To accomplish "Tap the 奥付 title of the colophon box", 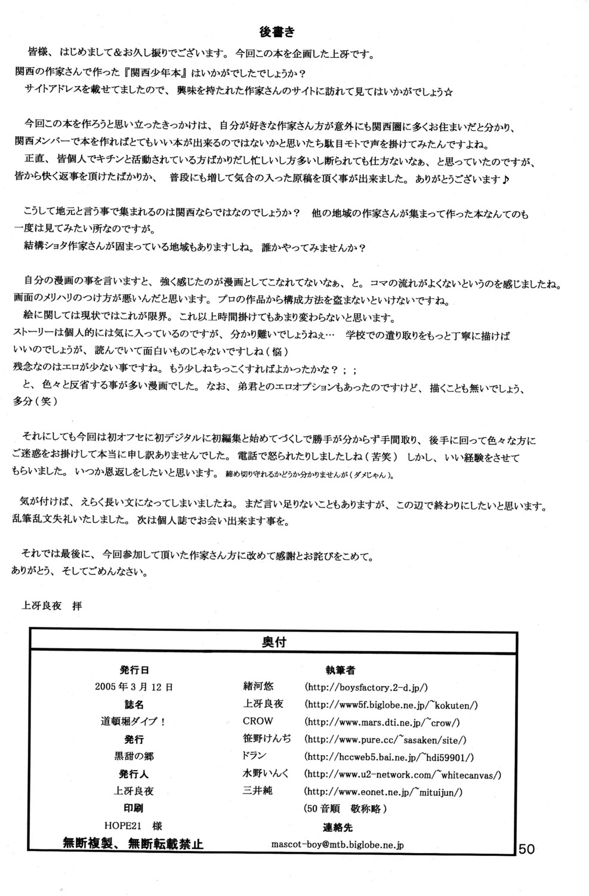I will [273, 642].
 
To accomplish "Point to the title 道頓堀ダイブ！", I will [133, 721].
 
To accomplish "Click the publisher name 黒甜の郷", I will [134, 756].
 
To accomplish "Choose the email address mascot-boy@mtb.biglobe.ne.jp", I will [337, 845].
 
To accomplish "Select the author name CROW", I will [258, 721].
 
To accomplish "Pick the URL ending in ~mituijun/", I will [383, 792].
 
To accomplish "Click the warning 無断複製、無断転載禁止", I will [133, 843].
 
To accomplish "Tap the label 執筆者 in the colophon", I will [337, 670].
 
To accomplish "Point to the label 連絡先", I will [337, 827].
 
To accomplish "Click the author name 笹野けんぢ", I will [267, 739].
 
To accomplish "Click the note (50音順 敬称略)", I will [346, 809].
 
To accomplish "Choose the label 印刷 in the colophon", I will [134, 809].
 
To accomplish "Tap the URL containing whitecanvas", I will [402, 775].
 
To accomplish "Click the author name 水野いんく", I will [266, 774].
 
